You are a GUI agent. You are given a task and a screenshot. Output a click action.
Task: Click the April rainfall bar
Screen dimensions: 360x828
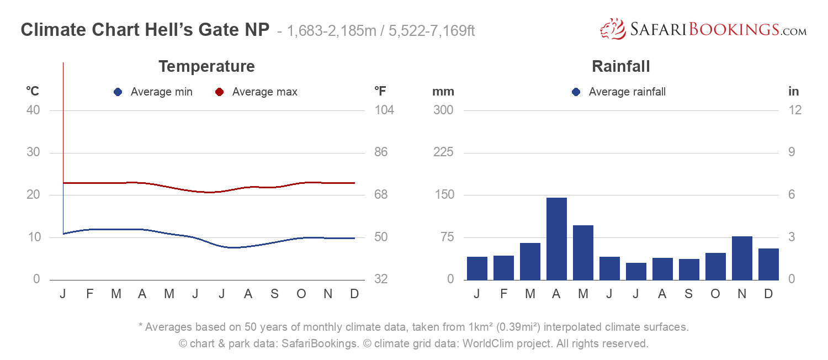[556, 239]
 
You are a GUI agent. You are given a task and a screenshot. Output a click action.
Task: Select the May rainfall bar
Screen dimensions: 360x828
[583, 252]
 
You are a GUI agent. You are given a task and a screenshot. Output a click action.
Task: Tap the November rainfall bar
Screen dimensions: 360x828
[742, 258]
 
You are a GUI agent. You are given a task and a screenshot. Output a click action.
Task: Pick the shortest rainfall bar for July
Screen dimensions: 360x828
[636, 271]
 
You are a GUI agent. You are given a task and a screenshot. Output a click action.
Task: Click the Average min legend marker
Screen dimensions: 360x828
[118, 92]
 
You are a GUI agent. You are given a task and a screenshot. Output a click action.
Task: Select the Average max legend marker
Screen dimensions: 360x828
[219, 92]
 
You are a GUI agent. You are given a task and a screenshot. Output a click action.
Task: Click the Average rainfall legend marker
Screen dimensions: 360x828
[576, 92]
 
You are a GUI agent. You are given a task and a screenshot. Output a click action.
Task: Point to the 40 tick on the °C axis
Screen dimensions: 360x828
[33, 110]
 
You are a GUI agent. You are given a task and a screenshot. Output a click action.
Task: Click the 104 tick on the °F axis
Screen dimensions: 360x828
[384, 110]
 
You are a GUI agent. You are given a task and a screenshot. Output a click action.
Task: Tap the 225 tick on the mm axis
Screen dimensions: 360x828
[443, 152]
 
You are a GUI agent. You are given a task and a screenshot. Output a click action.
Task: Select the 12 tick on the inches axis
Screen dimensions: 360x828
[795, 110]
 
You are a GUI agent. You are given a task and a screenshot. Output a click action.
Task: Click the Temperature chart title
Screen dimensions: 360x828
[206, 67]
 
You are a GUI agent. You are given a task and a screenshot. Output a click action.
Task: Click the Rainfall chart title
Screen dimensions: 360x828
[620, 67]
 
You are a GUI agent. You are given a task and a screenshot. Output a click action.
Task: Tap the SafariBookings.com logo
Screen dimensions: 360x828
[703, 30]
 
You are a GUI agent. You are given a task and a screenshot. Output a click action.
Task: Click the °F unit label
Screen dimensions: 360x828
[380, 92]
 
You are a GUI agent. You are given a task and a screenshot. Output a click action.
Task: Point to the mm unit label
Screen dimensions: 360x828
[443, 92]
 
